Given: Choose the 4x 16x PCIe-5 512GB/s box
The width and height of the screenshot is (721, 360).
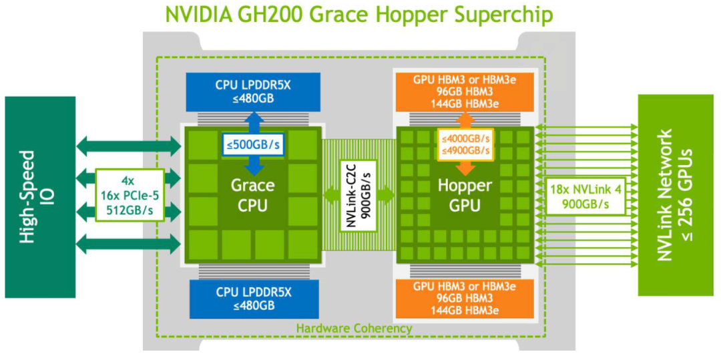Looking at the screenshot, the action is [x=130, y=195].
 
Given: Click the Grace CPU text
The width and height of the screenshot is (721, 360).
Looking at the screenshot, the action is [x=253, y=194].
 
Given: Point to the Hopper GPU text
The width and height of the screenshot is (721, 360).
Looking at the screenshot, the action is [x=465, y=195].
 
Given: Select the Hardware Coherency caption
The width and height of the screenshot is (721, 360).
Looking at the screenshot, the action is [x=354, y=328].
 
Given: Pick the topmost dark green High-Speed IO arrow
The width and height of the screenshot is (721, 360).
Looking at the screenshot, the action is [x=129, y=145].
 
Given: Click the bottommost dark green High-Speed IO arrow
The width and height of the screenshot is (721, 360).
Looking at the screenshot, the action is [x=129, y=244].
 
